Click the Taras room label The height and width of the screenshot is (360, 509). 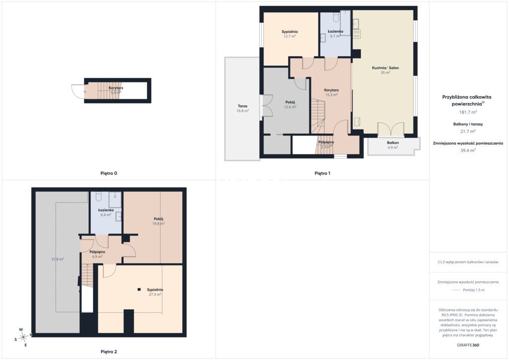pos(243,106)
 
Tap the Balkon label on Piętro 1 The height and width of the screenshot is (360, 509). pos(393,143)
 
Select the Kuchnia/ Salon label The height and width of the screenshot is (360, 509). pos(385,68)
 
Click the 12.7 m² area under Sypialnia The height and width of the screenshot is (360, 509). pos(290,36)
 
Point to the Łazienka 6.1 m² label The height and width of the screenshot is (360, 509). pos(336,34)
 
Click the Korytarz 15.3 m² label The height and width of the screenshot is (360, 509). pos(332,92)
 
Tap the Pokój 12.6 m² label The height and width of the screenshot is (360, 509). pos(290,104)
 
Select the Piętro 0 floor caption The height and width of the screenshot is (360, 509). pos(109,174)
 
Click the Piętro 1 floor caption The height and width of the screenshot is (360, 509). pos(322,174)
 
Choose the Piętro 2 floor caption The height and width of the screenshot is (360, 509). pos(109,352)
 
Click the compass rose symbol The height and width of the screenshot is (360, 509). pos(23,337)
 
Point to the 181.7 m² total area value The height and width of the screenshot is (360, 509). pos(468,112)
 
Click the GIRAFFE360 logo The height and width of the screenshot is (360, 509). pos(468,345)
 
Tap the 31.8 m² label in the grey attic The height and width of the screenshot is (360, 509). pos(58,259)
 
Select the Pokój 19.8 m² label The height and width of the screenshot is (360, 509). pos(159,221)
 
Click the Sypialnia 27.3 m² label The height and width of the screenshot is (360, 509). pos(155,292)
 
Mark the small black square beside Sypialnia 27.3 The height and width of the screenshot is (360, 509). pos(139,289)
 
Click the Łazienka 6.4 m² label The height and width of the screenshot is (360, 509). pos(106,212)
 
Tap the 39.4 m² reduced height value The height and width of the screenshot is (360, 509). pos(468,151)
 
